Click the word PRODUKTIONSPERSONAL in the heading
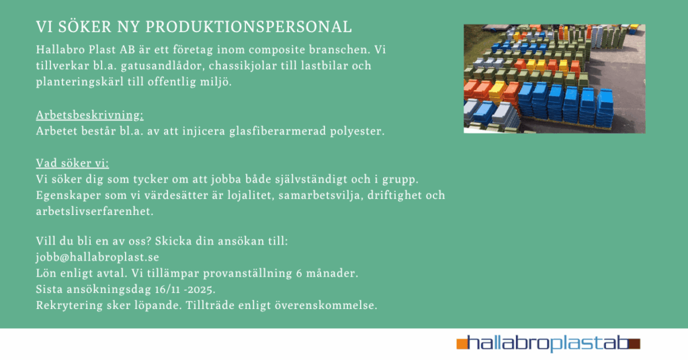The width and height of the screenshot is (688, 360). (x=249, y=27)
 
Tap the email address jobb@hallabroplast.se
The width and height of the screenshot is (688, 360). (x=97, y=257)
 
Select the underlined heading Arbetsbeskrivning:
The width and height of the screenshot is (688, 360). (x=89, y=115)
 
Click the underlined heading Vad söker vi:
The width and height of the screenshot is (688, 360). (x=73, y=163)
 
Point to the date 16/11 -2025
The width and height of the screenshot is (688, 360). (x=185, y=289)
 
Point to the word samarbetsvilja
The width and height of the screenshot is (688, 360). (x=321, y=195)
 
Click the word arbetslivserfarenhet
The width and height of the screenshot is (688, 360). (x=95, y=212)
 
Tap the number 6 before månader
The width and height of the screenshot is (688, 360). (x=299, y=273)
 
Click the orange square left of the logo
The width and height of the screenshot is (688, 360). (x=462, y=344)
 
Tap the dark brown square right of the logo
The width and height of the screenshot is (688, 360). (x=634, y=344)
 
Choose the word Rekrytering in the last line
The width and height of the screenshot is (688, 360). (x=69, y=305)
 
